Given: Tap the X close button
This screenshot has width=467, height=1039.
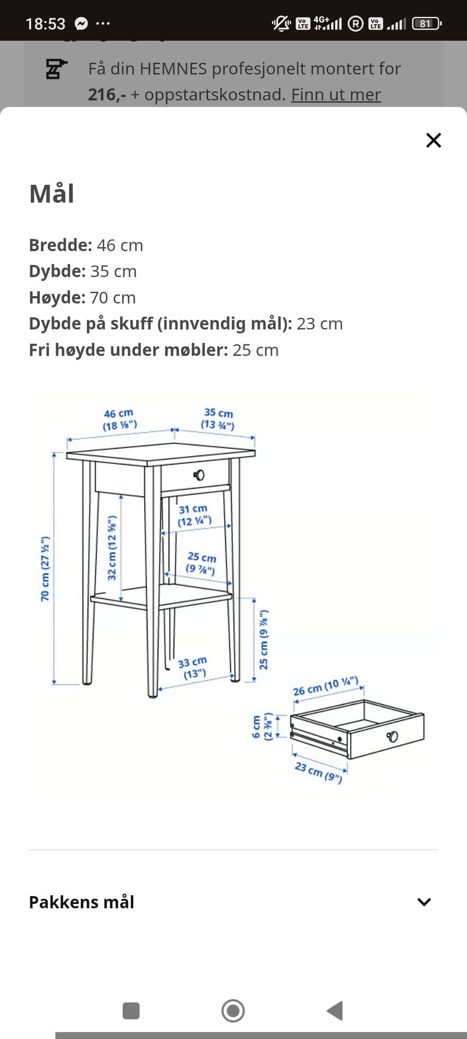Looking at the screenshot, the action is point(433,140).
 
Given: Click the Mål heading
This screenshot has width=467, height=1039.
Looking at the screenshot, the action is point(52,194).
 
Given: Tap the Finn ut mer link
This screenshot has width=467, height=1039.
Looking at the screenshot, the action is point(336,94).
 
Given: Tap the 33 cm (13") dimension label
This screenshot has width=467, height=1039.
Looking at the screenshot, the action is point(193,668).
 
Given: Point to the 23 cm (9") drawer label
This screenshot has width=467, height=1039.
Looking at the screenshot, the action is point(319,772).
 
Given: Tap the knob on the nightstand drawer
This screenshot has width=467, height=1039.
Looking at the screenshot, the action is point(199,475).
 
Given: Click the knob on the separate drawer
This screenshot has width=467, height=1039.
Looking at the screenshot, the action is point(392,736).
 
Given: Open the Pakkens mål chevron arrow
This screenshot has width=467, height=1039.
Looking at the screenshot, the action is point(424,902).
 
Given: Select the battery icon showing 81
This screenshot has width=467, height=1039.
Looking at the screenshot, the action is point(427,23).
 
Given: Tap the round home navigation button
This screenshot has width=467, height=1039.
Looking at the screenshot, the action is point(233,1011).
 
